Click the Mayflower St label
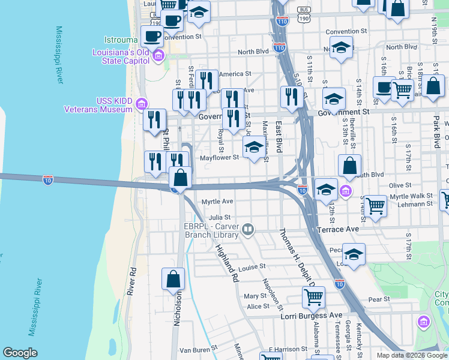point(219,158)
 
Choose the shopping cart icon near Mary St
point(313,296)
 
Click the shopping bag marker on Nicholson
point(173,279)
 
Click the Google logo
point(20,353)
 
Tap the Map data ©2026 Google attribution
point(412,355)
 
